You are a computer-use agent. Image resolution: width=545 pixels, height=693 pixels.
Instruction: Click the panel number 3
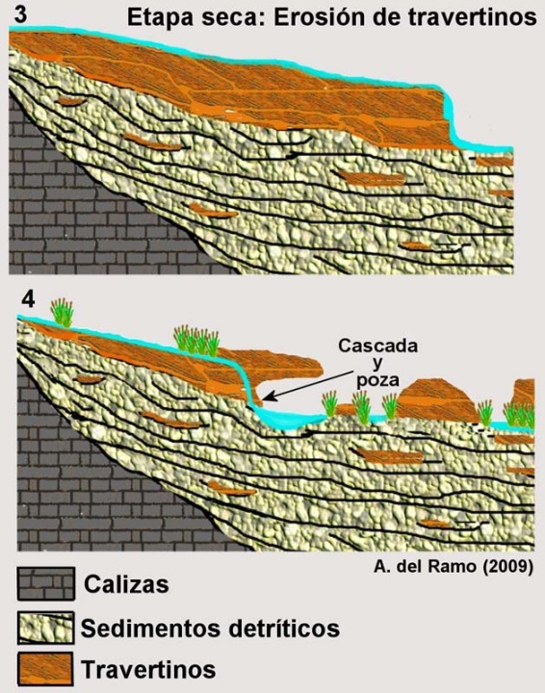[20, 13]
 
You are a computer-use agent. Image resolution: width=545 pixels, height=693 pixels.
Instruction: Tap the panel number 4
[28, 300]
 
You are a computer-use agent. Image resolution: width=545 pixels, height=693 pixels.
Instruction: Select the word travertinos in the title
[463, 17]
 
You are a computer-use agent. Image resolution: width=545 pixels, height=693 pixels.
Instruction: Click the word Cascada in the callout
[377, 346]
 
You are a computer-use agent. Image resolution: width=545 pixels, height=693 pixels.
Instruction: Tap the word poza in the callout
[377, 380]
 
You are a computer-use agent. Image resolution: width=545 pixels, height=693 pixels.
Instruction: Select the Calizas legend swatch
[46, 584]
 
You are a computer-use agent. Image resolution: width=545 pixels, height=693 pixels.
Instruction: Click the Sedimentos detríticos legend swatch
[46, 628]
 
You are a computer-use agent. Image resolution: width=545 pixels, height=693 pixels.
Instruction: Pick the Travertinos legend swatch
[46, 669]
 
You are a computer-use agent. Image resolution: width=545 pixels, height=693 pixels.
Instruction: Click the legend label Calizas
[126, 584]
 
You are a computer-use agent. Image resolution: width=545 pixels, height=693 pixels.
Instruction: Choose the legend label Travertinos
[148, 669]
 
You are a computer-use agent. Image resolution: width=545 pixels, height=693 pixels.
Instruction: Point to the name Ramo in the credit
[458, 566]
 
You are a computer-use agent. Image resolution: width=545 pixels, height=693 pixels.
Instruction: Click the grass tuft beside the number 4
[63, 313]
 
